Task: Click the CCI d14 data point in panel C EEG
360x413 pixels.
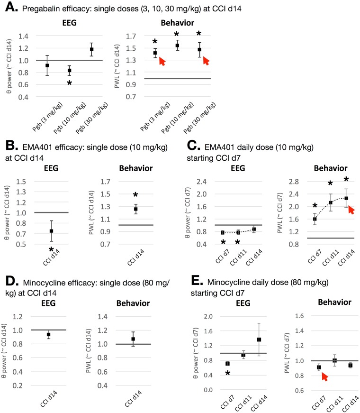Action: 254,229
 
